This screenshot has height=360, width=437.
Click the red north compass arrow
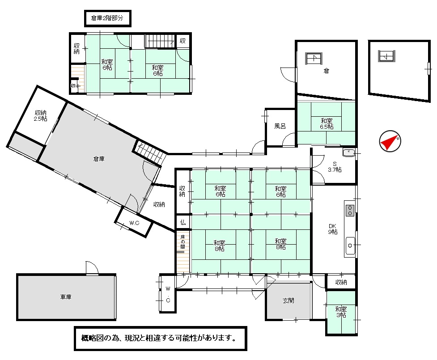click(x=389, y=142)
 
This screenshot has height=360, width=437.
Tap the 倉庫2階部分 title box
click(x=108, y=18)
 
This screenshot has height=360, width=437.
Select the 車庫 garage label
click(x=66, y=297)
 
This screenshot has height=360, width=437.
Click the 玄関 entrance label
click(x=288, y=301)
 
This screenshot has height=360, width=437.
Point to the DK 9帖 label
click(x=332, y=229)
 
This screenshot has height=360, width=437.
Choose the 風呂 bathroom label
click(x=280, y=126)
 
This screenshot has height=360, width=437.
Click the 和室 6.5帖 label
click(x=327, y=124)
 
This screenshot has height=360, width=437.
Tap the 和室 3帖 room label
click(x=341, y=312)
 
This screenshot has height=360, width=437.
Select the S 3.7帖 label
click(x=335, y=167)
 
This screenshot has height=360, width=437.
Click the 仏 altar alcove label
click(x=183, y=222)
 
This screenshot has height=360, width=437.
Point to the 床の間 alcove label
click(x=182, y=241)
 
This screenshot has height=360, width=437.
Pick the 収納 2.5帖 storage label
click(x=41, y=116)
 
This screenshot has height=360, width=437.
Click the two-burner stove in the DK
click(x=350, y=210)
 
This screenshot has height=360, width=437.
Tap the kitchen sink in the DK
click(x=350, y=246)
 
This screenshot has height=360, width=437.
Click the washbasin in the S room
click(x=348, y=152)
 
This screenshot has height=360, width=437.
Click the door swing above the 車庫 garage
click(x=92, y=268)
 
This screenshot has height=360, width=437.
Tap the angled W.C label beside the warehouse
click(x=134, y=223)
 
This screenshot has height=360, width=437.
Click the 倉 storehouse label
click(x=326, y=71)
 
